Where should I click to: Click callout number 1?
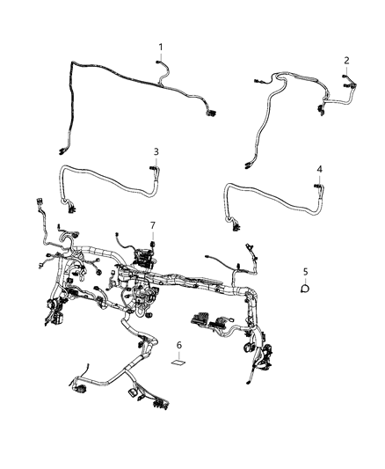161,46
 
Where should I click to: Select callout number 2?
346,60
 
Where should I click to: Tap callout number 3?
156,151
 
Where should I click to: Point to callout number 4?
319,168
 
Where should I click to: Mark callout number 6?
178,345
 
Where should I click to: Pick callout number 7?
152,224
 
